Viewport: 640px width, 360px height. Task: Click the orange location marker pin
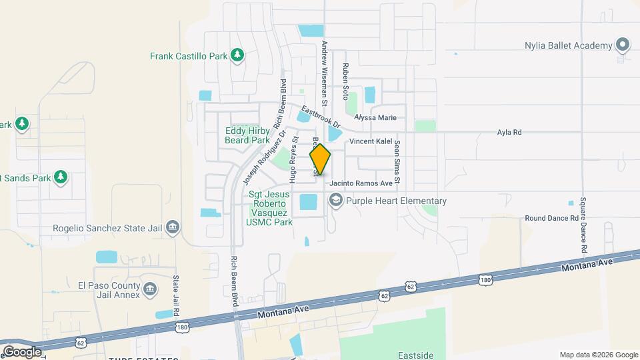pyautogui.click(x=320, y=159)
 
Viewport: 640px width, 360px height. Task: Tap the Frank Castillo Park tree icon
pyautogui.click(x=237, y=56)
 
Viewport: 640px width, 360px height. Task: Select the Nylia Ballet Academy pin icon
pyautogui.click(x=623, y=45)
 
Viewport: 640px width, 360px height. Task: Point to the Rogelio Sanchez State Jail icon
pyautogui.click(x=173, y=228)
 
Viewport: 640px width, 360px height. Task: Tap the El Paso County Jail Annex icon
pyautogui.click(x=150, y=290)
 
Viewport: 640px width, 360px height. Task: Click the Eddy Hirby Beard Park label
pyautogui.click(x=247, y=135)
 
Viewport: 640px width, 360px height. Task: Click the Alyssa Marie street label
pyautogui.click(x=375, y=118)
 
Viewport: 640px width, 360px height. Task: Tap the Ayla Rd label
pyautogui.click(x=509, y=132)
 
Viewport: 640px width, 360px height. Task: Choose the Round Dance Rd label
pyautogui.click(x=551, y=218)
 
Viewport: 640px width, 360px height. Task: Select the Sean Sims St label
pyautogui.click(x=397, y=161)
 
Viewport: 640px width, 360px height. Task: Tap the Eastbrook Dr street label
pyautogui.click(x=320, y=118)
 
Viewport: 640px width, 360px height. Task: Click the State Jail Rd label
pyautogui.click(x=177, y=296)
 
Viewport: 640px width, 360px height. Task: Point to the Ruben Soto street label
pyautogui.click(x=345, y=82)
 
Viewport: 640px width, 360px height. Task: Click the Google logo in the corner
pyautogui.click(x=22, y=351)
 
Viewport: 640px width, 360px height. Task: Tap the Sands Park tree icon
pyautogui.click(x=61, y=177)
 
